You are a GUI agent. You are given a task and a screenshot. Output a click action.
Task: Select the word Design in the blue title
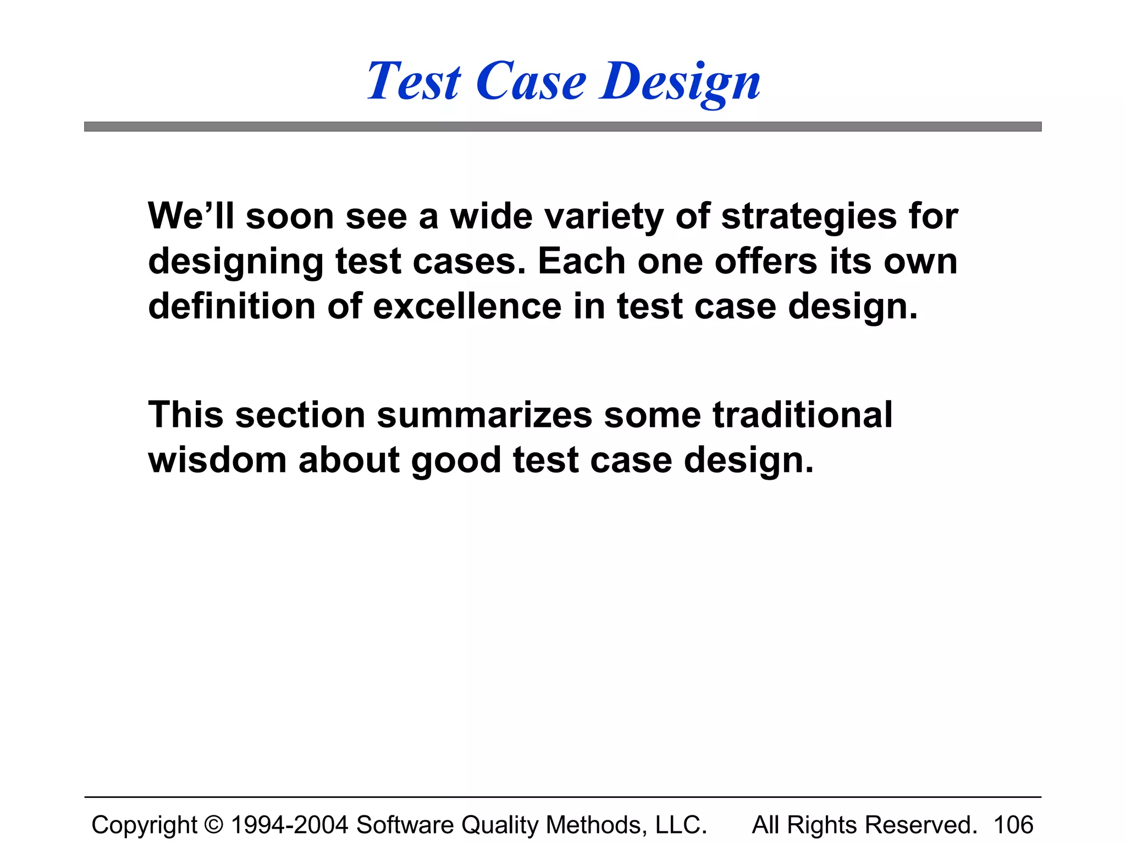(x=680, y=82)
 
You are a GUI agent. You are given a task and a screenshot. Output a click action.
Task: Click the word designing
(x=236, y=262)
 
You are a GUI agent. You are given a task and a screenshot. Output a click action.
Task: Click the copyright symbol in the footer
(x=214, y=825)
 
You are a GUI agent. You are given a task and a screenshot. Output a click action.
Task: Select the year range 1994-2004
(x=290, y=825)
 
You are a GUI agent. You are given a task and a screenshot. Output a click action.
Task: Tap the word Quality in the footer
(x=500, y=825)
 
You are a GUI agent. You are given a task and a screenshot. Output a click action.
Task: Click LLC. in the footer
(x=681, y=825)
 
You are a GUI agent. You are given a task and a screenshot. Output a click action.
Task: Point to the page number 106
(x=1013, y=825)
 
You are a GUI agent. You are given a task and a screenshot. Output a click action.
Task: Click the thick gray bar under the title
(x=562, y=127)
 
